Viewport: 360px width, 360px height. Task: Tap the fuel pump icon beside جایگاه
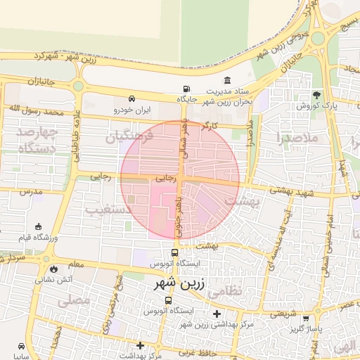point(186,89)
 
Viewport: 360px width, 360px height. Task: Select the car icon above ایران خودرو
point(132,98)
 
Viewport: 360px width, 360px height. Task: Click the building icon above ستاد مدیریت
point(227,80)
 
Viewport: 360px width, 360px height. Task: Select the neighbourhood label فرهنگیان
point(129,138)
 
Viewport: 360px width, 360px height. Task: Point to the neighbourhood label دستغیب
point(109,210)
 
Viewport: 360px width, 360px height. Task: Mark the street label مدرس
point(31,191)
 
